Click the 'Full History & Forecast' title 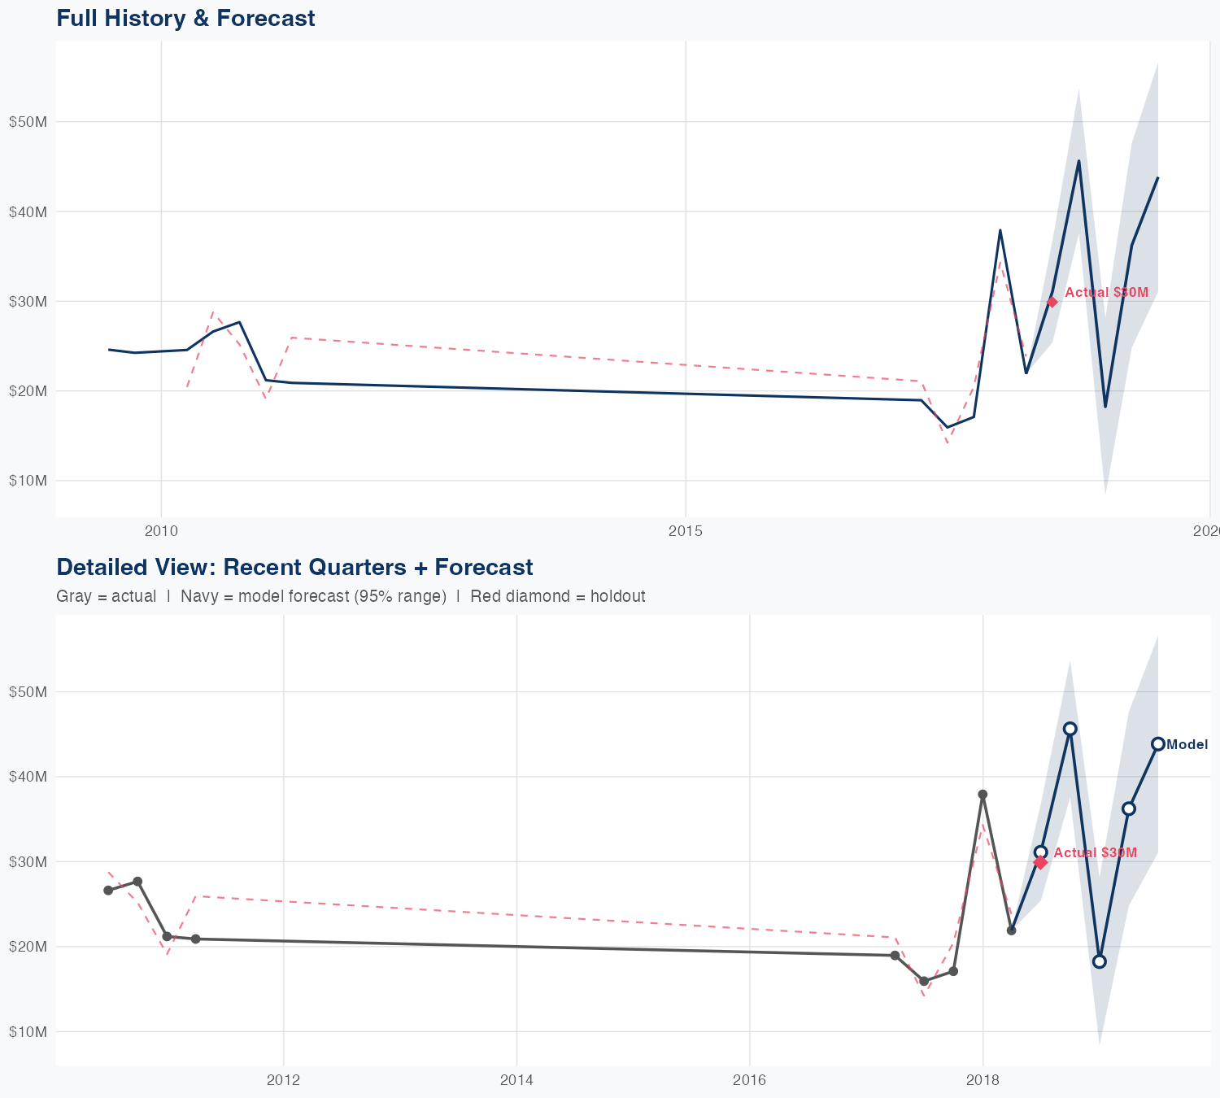185,18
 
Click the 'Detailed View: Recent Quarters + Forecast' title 294,567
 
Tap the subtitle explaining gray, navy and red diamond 351,596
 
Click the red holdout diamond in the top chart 1052,302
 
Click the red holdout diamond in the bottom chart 1040,863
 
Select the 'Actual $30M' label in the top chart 1106,293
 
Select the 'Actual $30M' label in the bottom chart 1095,853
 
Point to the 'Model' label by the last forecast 1187,745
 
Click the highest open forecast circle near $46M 1070,729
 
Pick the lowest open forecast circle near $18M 1100,961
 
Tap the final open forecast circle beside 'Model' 1158,744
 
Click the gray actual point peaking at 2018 983,794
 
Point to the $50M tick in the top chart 28,122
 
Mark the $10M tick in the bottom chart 28,1032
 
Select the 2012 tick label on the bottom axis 283,1081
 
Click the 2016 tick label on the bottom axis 749,1081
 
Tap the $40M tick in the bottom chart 28,777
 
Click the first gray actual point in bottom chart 108,891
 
